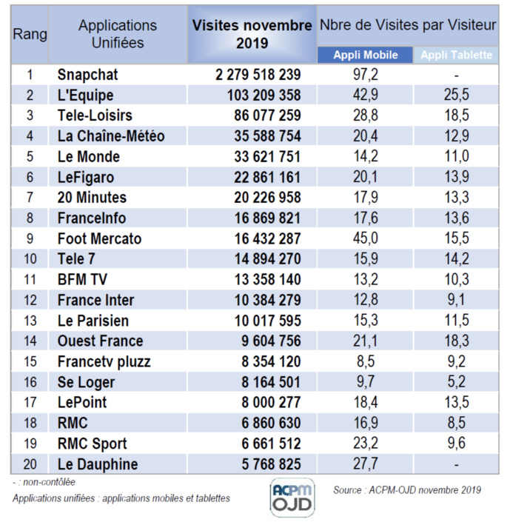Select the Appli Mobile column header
coord(365,55)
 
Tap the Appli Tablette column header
coord(456,55)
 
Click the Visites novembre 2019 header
coord(252,34)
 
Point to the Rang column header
coord(30,34)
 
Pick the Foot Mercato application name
coord(99,239)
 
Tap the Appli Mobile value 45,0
coord(365,239)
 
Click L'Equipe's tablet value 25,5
coord(457,96)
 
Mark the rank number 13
coord(30,321)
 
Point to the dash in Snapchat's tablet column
coord(457,75)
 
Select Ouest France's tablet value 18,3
coord(457,341)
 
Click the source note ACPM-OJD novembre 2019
coord(407,489)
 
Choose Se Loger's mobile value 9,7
coord(365,382)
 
